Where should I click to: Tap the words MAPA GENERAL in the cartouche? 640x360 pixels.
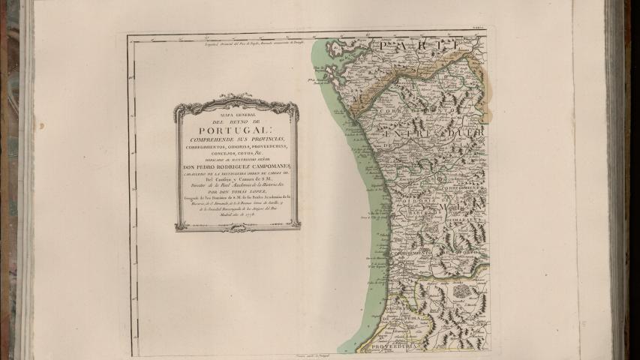[236, 115]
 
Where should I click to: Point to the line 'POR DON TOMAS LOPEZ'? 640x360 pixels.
[236, 190]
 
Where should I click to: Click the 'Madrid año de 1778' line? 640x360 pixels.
[236, 214]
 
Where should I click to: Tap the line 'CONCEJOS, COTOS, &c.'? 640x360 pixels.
[236, 155]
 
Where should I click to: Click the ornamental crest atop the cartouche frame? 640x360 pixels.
[236, 99]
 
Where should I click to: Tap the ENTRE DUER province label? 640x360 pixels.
[431, 134]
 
